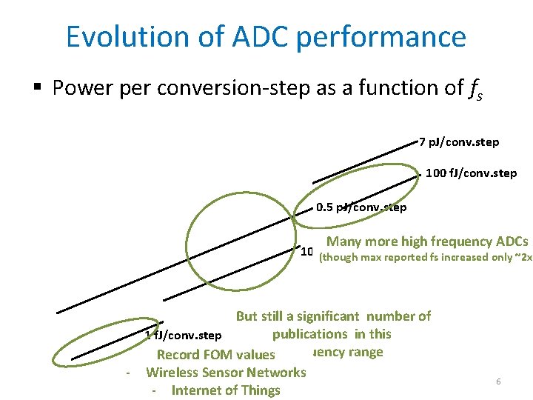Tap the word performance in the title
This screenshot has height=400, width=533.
[x=382, y=36]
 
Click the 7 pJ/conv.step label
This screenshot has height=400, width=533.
[x=459, y=141]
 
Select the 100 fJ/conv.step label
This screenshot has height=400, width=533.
[x=472, y=173]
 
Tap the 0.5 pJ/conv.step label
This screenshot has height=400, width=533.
[x=361, y=207]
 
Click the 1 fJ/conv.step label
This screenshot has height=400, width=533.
[x=184, y=335]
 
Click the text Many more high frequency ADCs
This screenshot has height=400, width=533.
[x=427, y=241]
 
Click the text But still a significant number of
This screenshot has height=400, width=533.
[x=333, y=316]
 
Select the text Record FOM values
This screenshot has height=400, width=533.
[x=215, y=355]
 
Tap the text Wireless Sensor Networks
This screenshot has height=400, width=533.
[x=226, y=373]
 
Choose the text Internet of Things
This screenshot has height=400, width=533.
[x=226, y=390]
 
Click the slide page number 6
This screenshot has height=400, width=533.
[x=498, y=381]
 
